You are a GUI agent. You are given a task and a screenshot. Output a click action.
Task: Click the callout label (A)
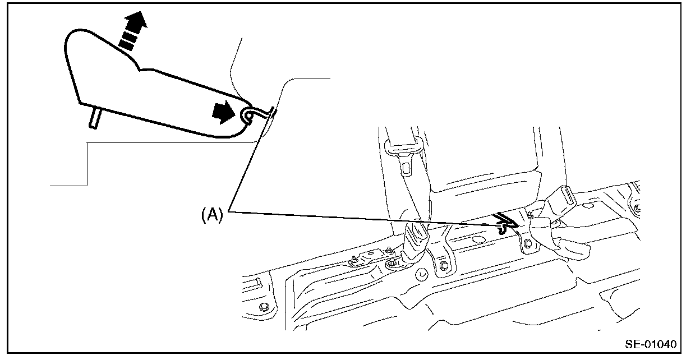pyautogui.click(x=212, y=215)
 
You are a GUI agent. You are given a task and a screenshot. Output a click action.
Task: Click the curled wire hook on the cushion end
pyautogui.click(x=248, y=116)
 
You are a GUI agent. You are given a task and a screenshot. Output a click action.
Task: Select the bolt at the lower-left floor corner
pyautogui.click(x=264, y=307)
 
